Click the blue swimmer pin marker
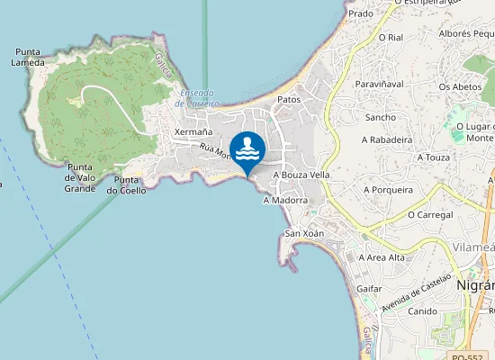pos(247,150)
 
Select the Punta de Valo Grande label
pos(80,177)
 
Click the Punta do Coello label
pos(126,184)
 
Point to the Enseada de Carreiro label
pos(197,97)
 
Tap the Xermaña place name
pos(193,132)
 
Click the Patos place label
pos(289,99)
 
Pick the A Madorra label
pos(285,201)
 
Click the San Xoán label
pos(304,233)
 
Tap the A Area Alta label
pos(382,257)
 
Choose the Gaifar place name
pos(369,288)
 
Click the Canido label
pos(422,311)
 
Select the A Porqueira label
pos(388,190)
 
